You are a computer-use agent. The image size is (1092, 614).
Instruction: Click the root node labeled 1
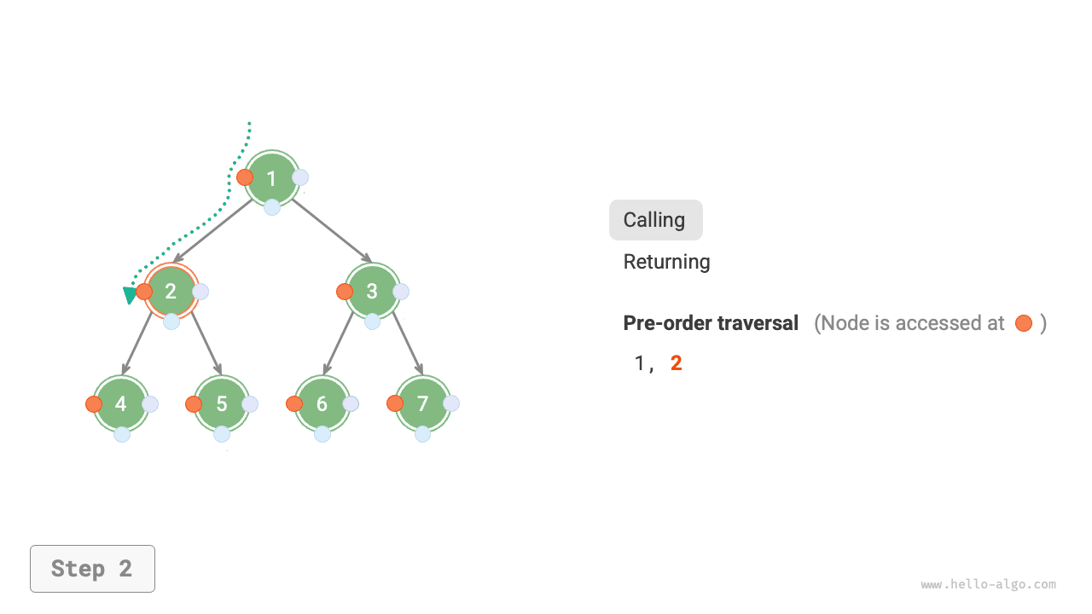click(272, 178)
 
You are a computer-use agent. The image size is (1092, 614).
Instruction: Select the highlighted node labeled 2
click(171, 291)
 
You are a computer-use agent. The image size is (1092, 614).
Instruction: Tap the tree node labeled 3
click(373, 291)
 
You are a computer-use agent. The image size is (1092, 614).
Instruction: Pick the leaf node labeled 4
click(121, 403)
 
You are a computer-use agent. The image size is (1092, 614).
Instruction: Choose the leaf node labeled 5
click(222, 403)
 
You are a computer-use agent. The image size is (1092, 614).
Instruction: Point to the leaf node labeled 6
click(322, 403)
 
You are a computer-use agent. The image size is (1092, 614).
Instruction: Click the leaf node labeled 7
click(423, 403)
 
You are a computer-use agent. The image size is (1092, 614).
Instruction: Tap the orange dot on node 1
click(245, 177)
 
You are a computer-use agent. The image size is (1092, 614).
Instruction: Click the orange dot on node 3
click(345, 292)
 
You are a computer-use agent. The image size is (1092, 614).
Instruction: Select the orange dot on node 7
click(395, 403)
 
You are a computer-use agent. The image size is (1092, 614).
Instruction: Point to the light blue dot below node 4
click(122, 434)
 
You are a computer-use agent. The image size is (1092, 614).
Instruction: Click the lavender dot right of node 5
click(250, 404)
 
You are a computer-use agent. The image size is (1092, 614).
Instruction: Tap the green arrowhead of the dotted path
click(131, 295)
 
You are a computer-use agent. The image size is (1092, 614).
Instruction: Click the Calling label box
click(655, 220)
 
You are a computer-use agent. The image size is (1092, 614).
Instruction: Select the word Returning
click(666, 262)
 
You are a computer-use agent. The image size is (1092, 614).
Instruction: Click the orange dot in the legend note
click(1024, 323)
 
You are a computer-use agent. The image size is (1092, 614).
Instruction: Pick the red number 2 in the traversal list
click(677, 363)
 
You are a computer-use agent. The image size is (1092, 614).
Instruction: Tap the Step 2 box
click(92, 569)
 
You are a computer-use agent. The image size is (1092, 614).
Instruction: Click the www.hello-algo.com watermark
click(988, 585)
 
